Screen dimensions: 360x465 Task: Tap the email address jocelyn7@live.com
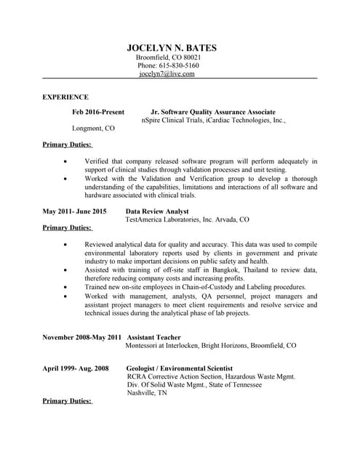coord(168,74)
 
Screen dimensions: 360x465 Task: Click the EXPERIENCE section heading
coord(65,97)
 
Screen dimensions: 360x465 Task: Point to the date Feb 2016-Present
coord(98,113)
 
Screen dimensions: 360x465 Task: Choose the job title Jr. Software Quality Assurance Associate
coord(212,113)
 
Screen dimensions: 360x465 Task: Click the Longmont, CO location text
coord(94,129)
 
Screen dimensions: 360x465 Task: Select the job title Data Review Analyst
coord(158,211)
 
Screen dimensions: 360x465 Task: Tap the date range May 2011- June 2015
coord(75,211)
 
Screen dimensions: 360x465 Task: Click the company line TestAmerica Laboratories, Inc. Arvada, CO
coord(187,219)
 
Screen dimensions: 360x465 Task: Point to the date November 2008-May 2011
coord(82,338)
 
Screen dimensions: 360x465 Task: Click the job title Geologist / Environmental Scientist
coord(180,369)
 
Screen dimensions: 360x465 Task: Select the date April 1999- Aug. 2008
coord(76,369)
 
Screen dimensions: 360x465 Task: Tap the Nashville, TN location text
coord(147,393)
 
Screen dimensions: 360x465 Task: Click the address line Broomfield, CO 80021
coord(169,57)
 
